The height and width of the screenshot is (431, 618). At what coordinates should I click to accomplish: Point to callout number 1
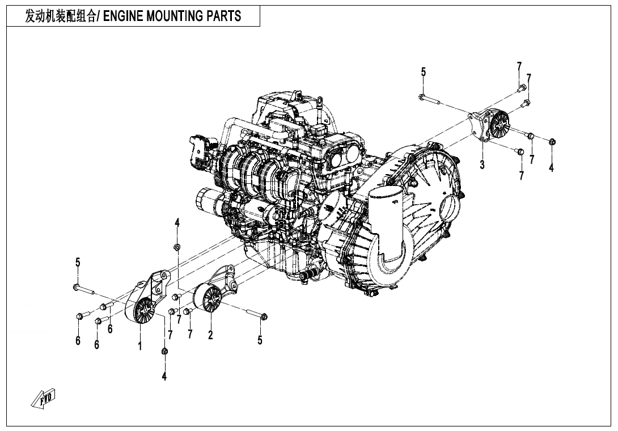[x=139, y=345]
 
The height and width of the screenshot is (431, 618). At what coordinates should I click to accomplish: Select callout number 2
[x=210, y=335]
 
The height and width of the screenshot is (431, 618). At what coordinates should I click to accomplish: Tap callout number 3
[x=482, y=165]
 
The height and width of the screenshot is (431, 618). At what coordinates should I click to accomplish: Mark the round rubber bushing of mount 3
[x=501, y=123]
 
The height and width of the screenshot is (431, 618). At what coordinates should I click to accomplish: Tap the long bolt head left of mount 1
[x=76, y=287]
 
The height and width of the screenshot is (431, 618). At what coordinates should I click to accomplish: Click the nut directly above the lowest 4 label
[x=164, y=353]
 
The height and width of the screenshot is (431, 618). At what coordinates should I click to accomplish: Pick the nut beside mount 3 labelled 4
[x=552, y=141]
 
